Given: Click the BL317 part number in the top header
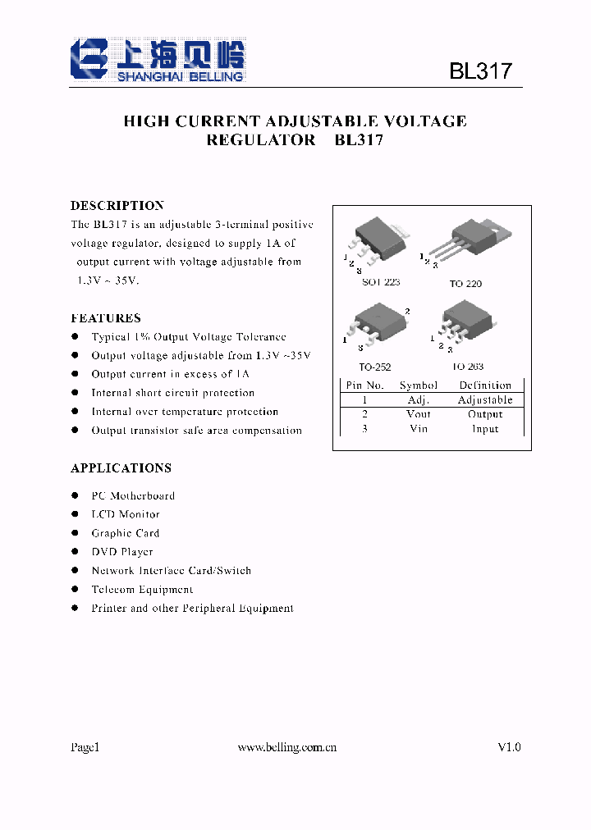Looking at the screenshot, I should click(480, 71).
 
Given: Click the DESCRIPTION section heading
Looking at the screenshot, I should click(117, 206).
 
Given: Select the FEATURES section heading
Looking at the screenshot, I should click(106, 318).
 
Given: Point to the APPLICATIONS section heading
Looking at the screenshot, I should click(121, 468).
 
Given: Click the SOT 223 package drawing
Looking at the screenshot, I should click(378, 239).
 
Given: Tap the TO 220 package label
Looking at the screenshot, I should click(465, 284).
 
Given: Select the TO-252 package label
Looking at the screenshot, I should click(374, 367).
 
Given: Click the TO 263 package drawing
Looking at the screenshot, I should click(465, 324).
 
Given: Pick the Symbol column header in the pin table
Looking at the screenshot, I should click(419, 385).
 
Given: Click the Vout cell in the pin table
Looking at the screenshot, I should click(419, 414).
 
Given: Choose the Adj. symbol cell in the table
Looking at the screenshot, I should click(419, 400).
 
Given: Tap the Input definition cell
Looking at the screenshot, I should click(485, 429).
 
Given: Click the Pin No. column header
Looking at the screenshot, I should click(364, 385).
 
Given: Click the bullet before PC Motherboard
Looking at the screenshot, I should click(76, 495).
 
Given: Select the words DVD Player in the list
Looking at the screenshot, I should click(122, 552).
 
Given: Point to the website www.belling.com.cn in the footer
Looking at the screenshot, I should click(286, 747).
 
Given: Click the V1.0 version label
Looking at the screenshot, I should click(509, 747).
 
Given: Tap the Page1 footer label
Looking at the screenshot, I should click(85, 747).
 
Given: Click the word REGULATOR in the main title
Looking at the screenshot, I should click(260, 140).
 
